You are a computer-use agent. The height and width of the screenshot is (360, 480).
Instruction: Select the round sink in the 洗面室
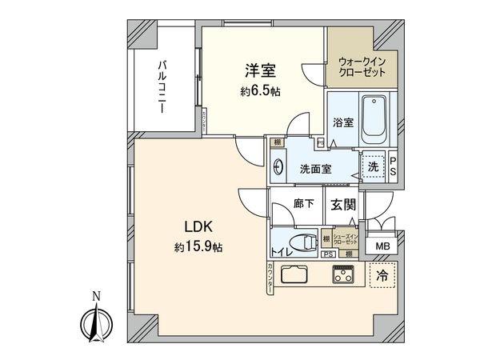[278, 168]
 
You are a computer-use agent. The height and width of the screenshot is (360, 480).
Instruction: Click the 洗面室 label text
[315, 169]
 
